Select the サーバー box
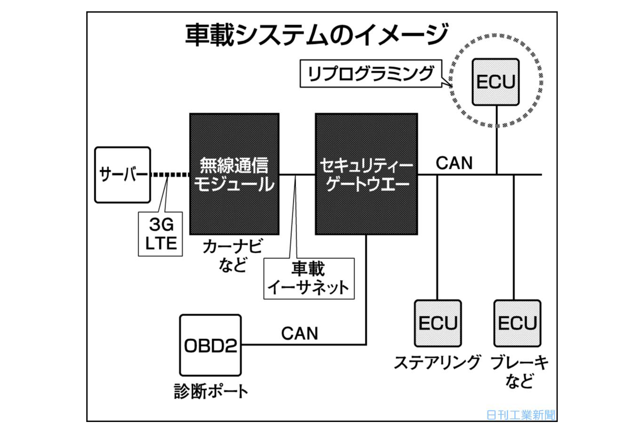[123, 175]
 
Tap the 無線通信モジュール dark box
[234, 174]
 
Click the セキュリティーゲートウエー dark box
[366, 174]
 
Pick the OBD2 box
[210, 345]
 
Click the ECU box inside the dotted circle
[495, 82]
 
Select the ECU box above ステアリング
[438, 323]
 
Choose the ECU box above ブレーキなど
[517, 323]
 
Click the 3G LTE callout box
[160, 234]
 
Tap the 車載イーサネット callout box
[308, 278]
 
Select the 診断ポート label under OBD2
[211, 391]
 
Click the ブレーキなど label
[520, 372]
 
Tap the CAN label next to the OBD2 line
[300, 333]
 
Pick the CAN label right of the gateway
[454, 163]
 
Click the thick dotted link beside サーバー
[170, 175]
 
